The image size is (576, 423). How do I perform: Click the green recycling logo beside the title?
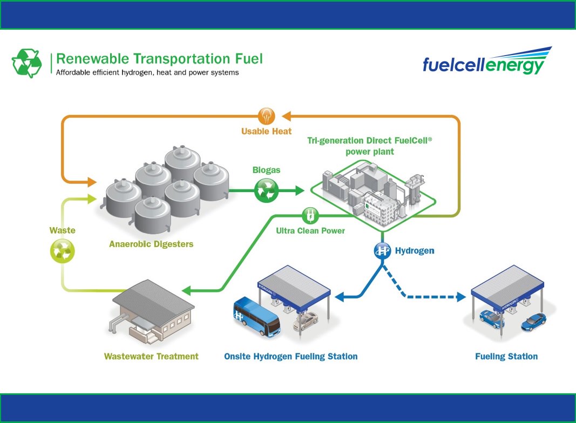[26, 63]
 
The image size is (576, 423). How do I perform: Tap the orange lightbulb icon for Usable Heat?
[267, 115]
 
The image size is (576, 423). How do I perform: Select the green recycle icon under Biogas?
[266, 190]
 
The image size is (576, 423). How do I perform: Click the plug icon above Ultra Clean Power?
[310, 215]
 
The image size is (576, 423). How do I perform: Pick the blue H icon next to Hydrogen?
[382, 250]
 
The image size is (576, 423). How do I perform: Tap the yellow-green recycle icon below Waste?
[62, 251]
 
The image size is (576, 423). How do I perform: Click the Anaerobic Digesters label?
[151, 244]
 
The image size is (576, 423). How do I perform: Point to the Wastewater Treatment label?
[151, 357]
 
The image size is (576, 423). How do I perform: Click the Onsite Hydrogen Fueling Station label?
[290, 357]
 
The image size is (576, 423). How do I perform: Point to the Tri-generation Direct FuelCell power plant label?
[370, 146]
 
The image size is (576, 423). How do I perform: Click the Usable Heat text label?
[266, 131]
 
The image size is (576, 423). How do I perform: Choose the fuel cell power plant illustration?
[372, 194]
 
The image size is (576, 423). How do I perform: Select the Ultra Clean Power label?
[310, 231]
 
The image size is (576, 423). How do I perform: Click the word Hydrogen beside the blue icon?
[415, 251]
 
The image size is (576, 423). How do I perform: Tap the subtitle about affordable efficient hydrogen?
[147, 72]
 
